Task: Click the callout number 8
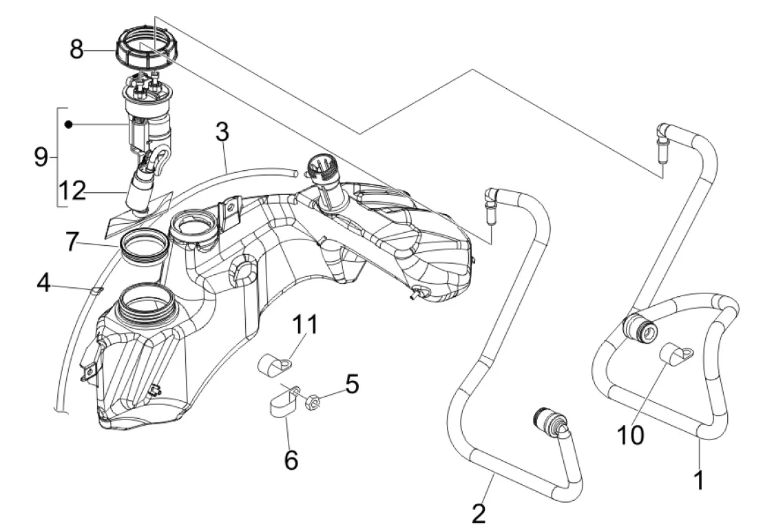coord(76,49)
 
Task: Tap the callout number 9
coord(41,158)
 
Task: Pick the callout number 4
coord(44,283)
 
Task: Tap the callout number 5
coord(352,384)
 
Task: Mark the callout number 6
coord(291,459)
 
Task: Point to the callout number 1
coord(699,479)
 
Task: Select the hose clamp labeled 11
coord(273,364)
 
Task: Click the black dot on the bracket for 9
coord(69,124)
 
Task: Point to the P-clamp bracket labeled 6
coord(282,402)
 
